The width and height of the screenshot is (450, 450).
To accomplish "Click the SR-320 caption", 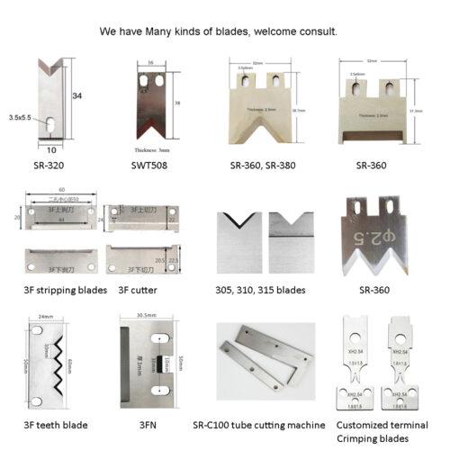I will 47,166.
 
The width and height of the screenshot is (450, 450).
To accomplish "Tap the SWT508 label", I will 148,166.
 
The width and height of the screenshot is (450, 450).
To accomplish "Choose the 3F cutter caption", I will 142,290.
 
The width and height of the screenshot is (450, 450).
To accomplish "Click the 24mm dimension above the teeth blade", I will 47,317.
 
